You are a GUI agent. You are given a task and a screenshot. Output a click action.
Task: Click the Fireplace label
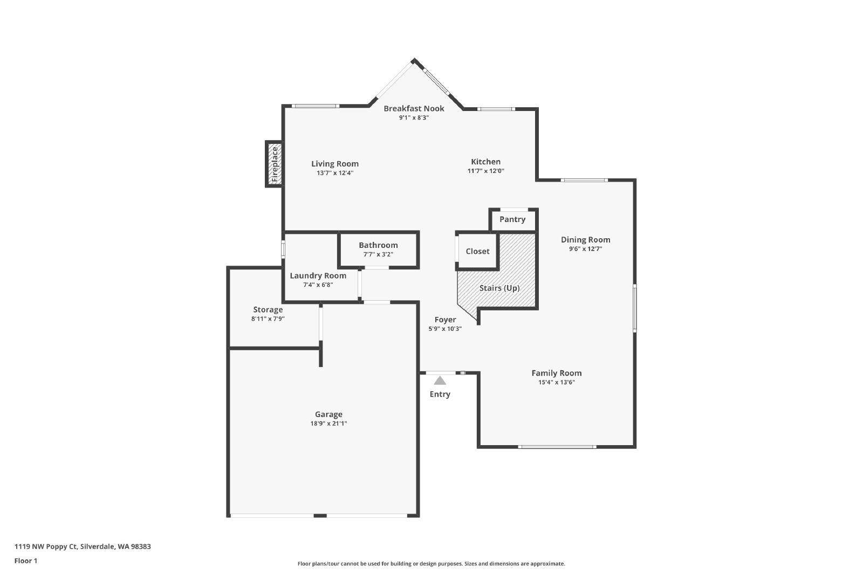(275, 164)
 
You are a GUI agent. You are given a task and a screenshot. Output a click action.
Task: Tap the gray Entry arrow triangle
(440, 380)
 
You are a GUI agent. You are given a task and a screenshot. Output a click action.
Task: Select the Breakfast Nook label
(414, 108)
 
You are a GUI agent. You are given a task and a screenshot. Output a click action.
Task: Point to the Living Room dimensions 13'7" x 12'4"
(335, 173)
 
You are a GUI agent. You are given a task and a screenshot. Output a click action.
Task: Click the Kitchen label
(486, 162)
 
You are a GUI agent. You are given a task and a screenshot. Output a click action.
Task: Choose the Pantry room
(513, 220)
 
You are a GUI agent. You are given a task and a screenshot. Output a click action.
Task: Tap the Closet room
(478, 251)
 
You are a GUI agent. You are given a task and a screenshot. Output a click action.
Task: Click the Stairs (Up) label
(499, 288)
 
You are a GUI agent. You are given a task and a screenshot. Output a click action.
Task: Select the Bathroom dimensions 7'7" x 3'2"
(378, 254)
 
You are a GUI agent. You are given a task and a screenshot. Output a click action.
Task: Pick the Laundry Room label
(318, 276)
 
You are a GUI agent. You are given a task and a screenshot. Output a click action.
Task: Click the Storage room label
(268, 309)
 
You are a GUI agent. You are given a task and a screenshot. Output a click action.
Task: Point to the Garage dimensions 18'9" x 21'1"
(328, 424)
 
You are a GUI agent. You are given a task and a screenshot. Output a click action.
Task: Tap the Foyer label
(445, 320)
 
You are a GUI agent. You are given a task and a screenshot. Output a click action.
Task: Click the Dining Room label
(586, 240)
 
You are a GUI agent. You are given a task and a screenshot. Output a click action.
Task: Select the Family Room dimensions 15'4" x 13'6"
(557, 382)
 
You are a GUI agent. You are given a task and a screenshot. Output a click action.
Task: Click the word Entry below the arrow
(440, 394)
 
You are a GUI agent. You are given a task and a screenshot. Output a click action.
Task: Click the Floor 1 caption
(26, 561)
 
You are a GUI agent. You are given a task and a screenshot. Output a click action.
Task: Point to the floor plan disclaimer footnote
(431, 564)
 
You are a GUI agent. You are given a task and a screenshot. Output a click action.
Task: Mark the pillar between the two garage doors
(320, 515)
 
